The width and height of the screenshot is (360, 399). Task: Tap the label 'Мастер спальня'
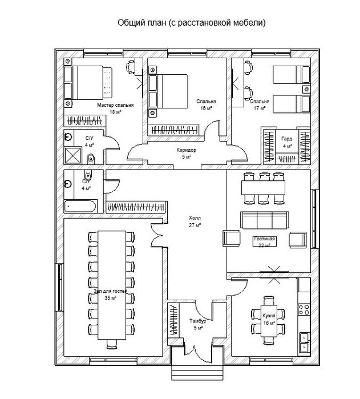115,105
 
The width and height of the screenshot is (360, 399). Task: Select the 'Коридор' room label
187,150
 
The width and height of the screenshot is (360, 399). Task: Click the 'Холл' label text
195,218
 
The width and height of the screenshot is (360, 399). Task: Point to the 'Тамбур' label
197,321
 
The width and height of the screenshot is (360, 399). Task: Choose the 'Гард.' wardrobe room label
288,139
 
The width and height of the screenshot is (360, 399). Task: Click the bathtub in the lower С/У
80,207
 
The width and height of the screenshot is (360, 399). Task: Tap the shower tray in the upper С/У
73,155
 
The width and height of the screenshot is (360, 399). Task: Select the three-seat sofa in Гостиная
265,220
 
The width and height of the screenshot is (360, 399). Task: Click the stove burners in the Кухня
304,309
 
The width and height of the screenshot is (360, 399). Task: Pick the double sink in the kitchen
304,342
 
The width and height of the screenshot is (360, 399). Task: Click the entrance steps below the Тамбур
197,373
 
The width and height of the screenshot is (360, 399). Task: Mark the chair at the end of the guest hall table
111,344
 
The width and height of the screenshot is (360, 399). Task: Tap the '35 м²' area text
111,298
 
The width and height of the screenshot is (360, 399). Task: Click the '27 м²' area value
195,225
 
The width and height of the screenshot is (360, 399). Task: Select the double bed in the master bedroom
88,83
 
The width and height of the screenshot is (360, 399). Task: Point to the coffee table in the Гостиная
264,241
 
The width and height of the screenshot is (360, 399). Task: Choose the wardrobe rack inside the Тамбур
173,320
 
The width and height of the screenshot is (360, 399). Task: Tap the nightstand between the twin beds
306,89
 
